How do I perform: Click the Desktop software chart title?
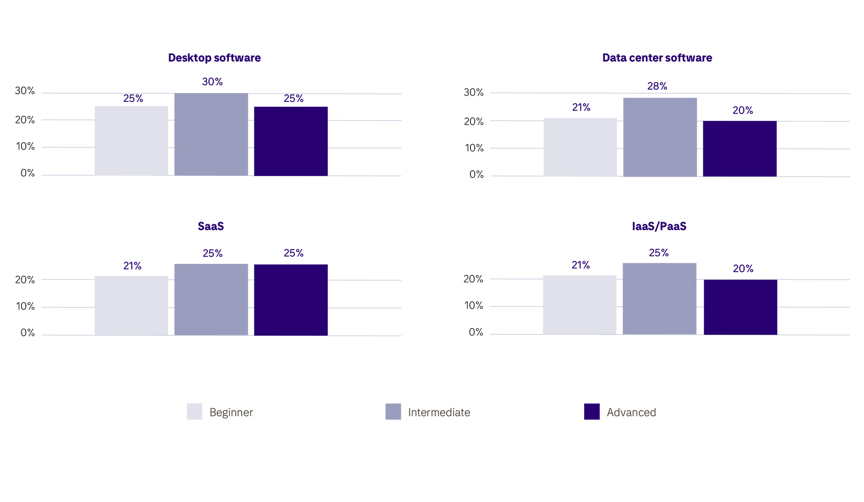[x=214, y=58]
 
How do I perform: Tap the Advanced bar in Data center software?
[x=740, y=149]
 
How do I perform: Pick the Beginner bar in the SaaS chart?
[x=131, y=306]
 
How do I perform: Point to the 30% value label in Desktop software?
[x=212, y=82]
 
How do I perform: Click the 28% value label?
[x=657, y=86]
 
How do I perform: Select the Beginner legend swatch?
[x=194, y=412]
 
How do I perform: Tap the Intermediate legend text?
[x=439, y=412]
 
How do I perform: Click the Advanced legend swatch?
[x=592, y=412]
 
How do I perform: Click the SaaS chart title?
[x=211, y=226]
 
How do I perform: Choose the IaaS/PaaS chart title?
[x=659, y=226]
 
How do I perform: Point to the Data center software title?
[x=657, y=58]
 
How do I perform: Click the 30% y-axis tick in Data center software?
[x=474, y=92]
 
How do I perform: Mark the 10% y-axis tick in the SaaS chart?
[x=25, y=306]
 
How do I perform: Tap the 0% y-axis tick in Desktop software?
[x=27, y=173]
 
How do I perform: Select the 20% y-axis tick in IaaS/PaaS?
[x=473, y=279]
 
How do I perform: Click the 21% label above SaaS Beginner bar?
[x=132, y=266]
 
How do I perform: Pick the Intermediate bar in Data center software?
[x=660, y=137]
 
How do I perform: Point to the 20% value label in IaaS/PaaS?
[x=743, y=269]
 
